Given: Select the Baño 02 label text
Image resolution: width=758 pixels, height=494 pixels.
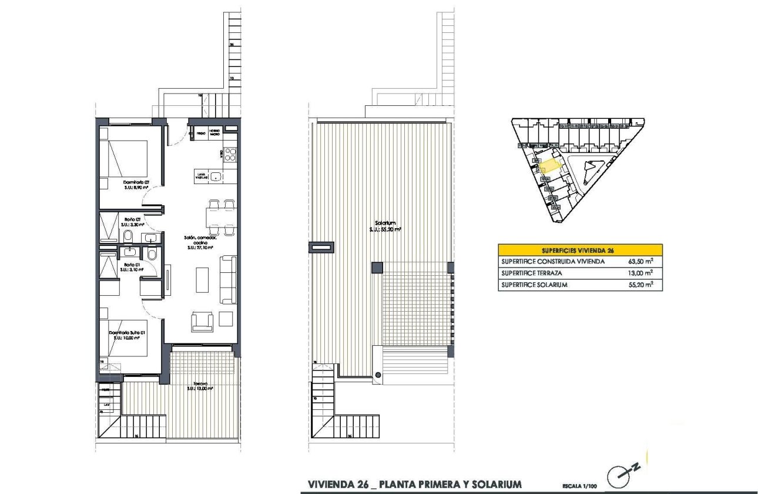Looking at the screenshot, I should pyautogui.click(x=130, y=222).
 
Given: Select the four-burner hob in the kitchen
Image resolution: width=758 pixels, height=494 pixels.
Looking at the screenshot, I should pyautogui.click(x=230, y=155).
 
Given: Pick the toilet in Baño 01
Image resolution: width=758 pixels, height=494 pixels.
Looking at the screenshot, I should pyautogui.click(x=152, y=254).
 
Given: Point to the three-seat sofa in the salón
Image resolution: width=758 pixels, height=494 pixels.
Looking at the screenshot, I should pyautogui.click(x=229, y=279).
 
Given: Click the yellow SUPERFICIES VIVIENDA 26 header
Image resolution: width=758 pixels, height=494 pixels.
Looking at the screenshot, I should pyautogui.click(x=580, y=249).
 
